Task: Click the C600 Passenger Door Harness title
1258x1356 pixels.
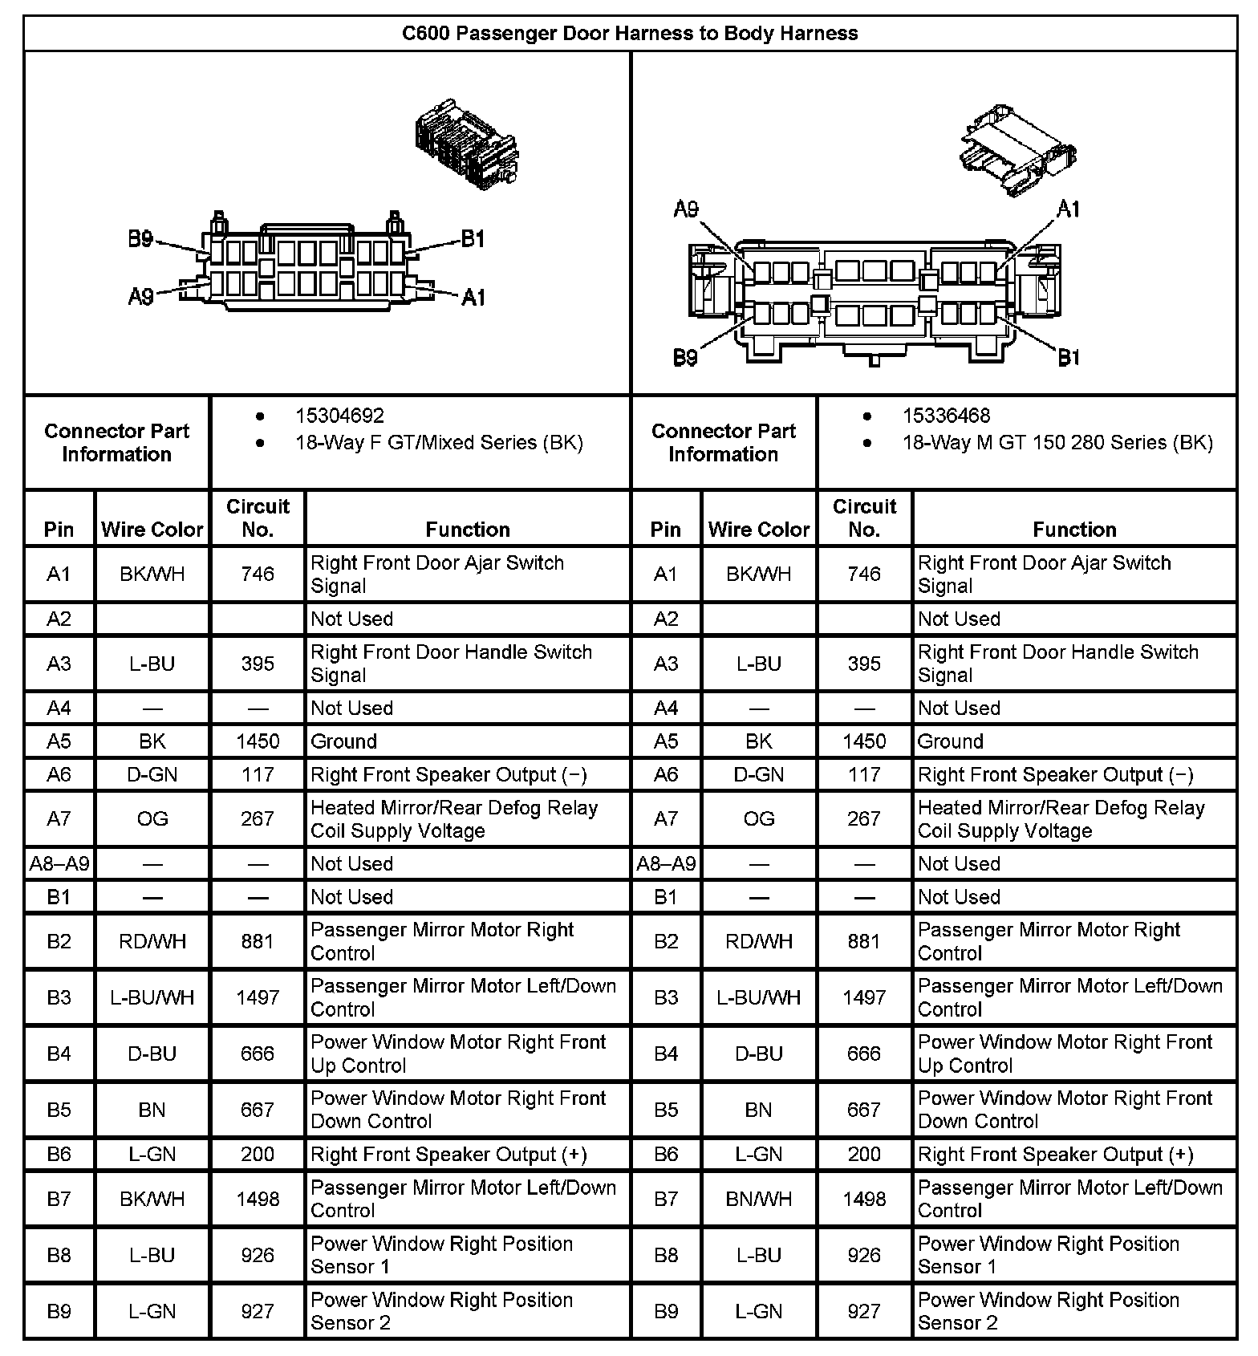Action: point(630,34)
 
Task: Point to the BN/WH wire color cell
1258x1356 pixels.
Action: point(758,1199)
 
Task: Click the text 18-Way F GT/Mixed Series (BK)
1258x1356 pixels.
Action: point(439,442)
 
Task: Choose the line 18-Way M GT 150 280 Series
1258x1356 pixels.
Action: point(1057,442)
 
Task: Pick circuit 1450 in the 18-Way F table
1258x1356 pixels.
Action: point(258,741)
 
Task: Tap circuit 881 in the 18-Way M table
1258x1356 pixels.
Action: point(864,941)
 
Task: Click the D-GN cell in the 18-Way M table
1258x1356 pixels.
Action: point(758,774)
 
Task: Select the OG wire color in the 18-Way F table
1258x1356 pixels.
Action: point(152,818)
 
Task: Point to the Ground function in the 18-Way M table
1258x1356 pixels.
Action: point(950,741)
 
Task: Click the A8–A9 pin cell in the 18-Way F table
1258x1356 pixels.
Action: point(59,864)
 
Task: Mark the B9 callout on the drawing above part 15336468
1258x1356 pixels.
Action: point(685,357)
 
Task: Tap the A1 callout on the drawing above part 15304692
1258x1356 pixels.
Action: point(473,298)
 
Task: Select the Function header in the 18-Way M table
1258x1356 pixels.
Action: point(1074,530)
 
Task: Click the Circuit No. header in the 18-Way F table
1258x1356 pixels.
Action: point(258,518)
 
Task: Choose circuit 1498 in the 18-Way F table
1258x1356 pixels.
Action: point(258,1199)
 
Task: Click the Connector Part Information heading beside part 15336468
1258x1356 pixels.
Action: point(723,442)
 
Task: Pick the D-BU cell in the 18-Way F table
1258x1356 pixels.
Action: point(152,1054)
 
